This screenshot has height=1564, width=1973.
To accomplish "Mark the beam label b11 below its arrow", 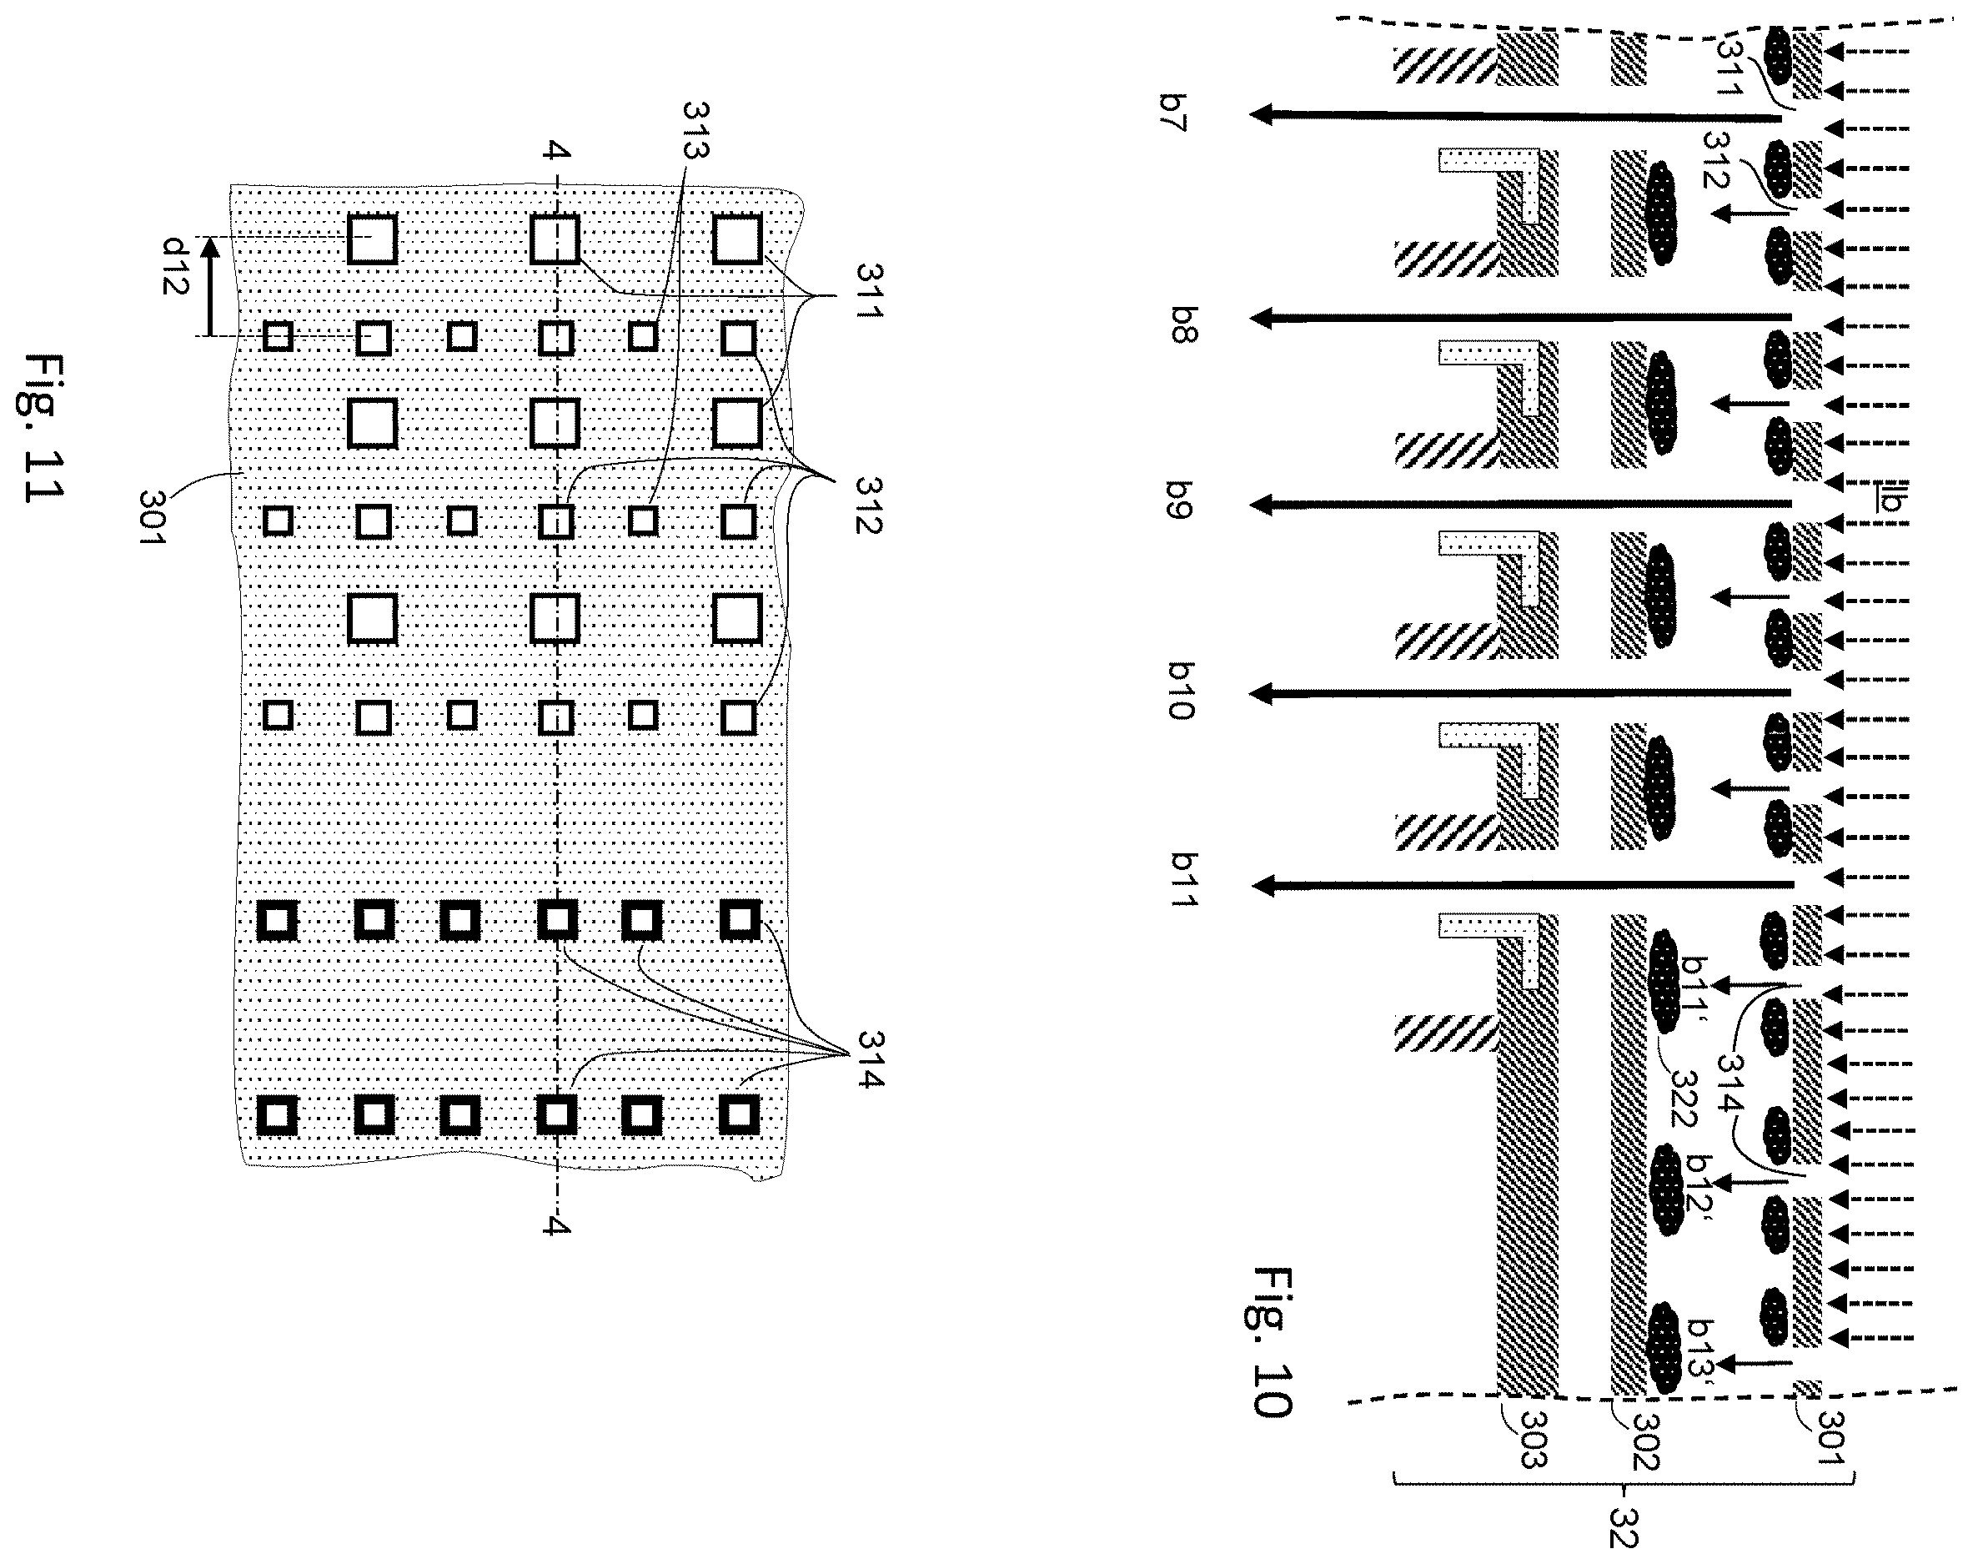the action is pyautogui.click(x=1184, y=879).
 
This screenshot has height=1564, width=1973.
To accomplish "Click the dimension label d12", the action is pyautogui.click(x=175, y=265).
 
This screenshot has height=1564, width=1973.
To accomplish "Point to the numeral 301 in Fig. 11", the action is pyautogui.click(x=152, y=517).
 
